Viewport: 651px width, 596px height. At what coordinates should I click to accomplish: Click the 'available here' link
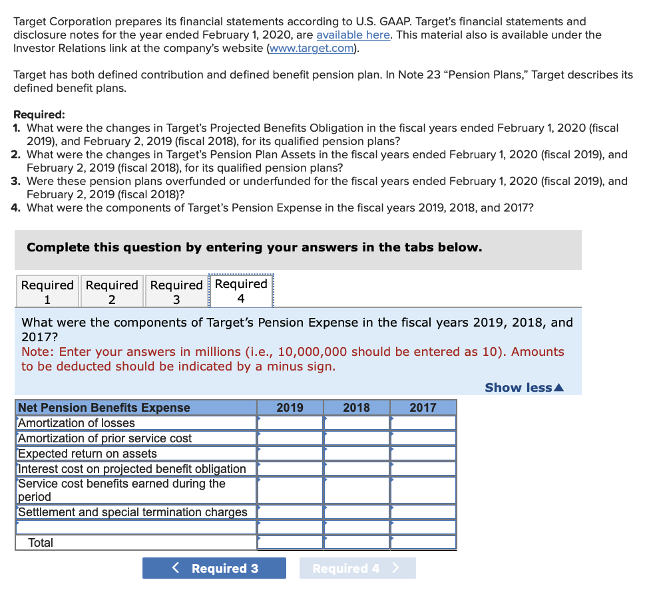[x=353, y=35]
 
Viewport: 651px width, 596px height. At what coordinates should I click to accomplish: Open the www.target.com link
[x=311, y=49]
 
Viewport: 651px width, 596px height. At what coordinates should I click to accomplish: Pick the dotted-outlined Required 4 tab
[x=241, y=291]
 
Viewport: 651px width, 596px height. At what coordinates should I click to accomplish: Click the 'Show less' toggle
[x=524, y=387]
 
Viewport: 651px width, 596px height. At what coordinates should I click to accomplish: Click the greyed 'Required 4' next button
[x=357, y=568]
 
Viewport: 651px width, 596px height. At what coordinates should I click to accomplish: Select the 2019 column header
[x=290, y=408]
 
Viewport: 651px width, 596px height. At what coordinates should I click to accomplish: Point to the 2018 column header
[x=356, y=408]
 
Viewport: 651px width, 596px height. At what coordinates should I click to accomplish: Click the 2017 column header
[x=423, y=408]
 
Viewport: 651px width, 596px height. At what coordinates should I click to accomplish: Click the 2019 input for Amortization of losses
[x=290, y=423]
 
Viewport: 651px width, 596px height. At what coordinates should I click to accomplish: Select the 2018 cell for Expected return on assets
[x=357, y=454]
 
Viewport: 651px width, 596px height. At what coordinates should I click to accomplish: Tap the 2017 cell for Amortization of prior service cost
[x=423, y=438]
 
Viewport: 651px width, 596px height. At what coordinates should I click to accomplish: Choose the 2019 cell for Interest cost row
[x=290, y=469]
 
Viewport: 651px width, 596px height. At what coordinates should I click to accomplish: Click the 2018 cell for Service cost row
[x=357, y=490]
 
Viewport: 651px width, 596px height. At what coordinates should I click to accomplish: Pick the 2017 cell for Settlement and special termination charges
[x=423, y=512]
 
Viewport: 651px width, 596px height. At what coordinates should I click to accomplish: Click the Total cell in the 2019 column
[x=290, y=543]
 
